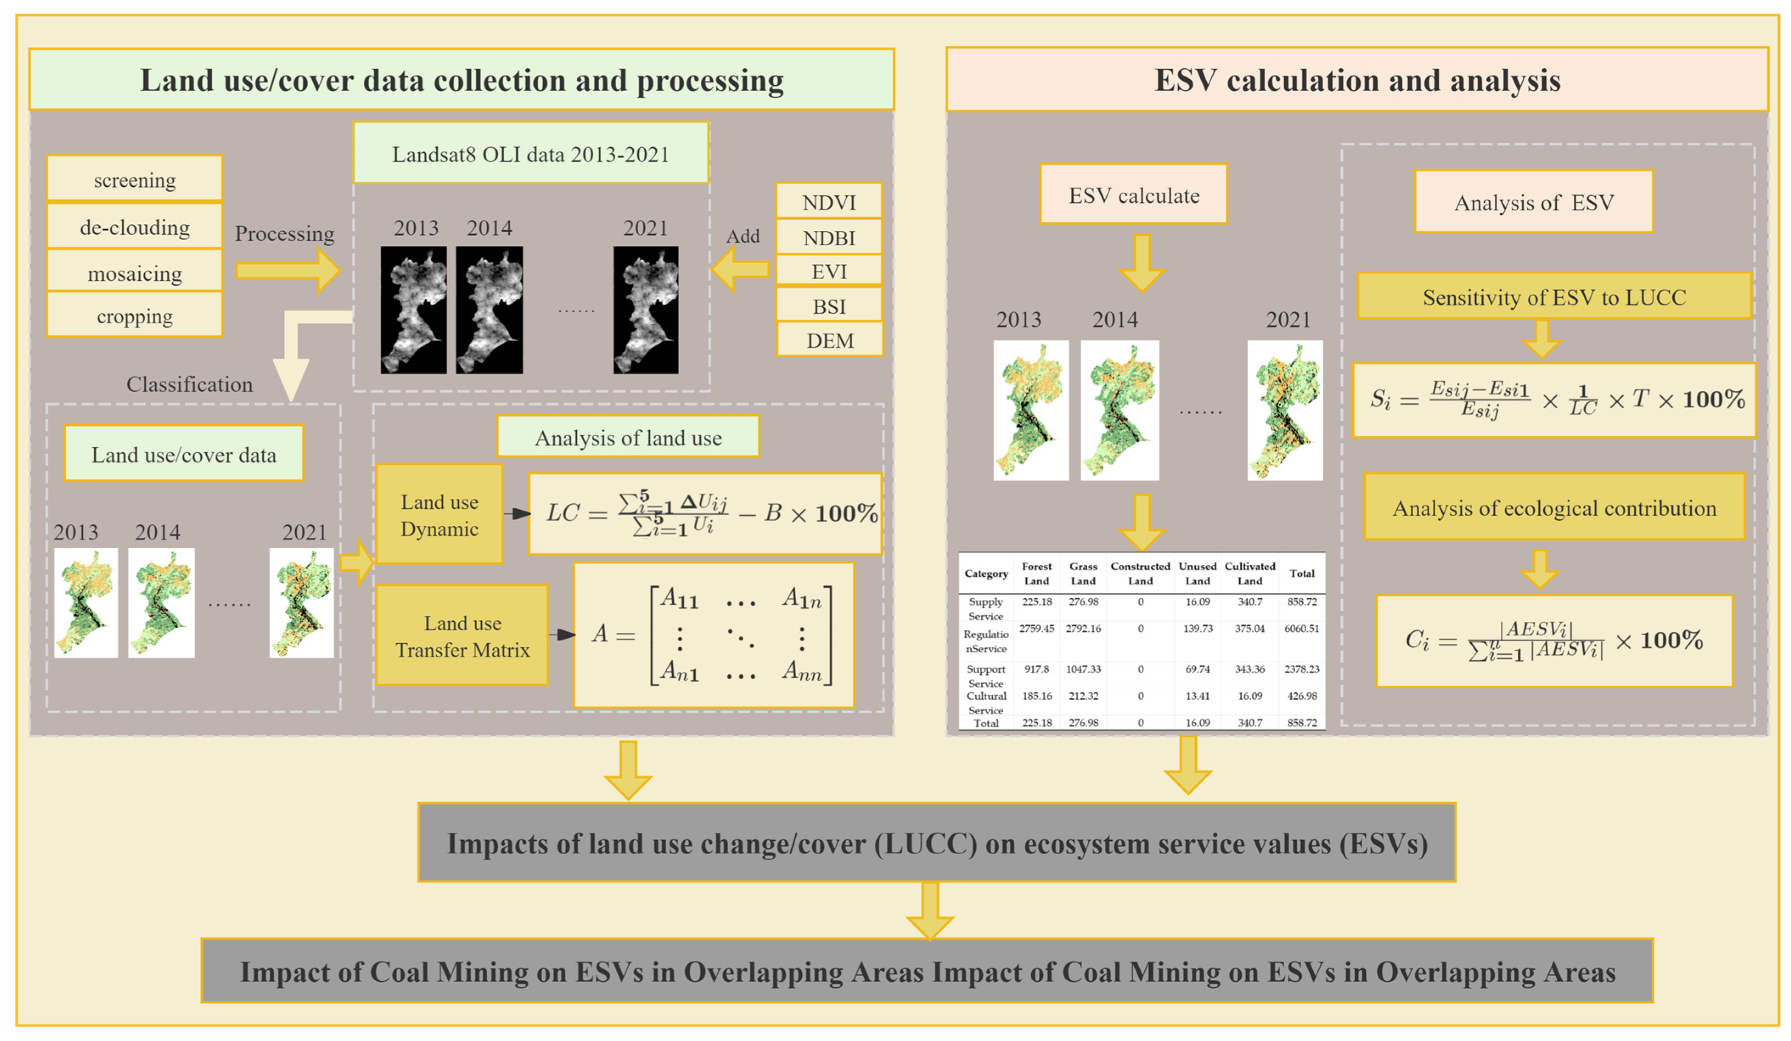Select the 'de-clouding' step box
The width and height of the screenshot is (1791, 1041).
pos(134,227)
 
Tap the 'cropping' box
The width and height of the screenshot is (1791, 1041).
pos(134,315)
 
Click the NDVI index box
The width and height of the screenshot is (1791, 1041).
pos(829,202)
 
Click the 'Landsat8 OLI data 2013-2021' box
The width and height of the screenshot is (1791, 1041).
pos(530,154)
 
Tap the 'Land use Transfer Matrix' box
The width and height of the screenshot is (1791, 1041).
pos(462,635)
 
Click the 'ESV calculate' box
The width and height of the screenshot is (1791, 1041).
pos(1133,195)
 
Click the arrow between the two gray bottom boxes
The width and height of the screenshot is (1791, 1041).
pos(929,909)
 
